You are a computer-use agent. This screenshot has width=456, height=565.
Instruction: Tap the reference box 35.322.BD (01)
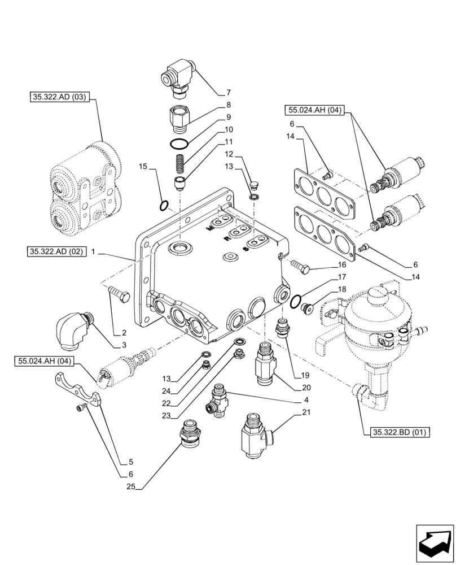[400, 433]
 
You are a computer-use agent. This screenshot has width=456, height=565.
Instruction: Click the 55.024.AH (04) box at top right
[314, 111]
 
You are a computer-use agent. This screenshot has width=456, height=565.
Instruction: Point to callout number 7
[229, 92]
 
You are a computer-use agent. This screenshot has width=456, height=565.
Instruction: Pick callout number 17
[341, 277]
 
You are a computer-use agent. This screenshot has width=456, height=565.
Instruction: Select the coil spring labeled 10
[178, 165]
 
